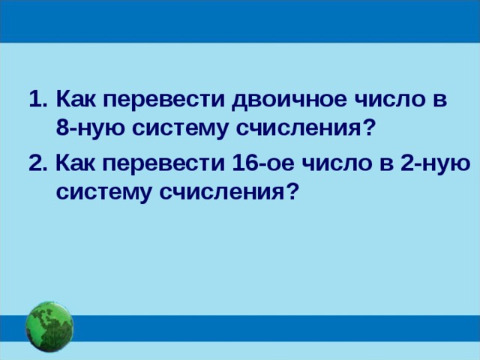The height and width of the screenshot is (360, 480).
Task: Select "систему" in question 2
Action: pyautogui.click(x=103, y=192)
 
